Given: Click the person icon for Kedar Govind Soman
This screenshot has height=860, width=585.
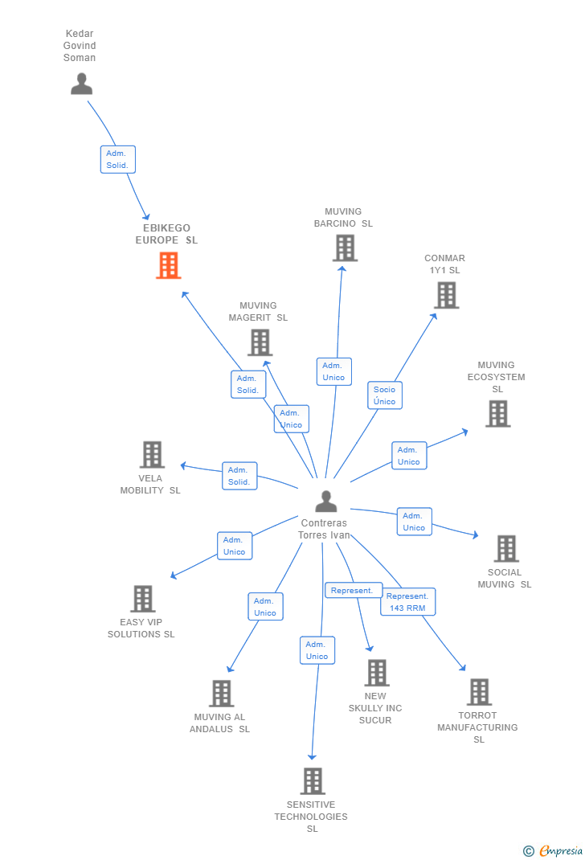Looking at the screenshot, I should (81, 84).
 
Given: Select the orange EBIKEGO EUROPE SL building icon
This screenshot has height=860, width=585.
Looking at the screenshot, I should (168, 265).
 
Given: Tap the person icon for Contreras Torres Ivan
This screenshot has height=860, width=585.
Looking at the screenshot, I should (325, 501).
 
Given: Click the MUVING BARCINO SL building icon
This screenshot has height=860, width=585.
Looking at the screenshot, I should (345, 248).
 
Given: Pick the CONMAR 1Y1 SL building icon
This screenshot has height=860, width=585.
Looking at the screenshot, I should (446, 295).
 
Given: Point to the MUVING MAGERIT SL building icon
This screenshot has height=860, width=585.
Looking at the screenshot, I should (260, 342).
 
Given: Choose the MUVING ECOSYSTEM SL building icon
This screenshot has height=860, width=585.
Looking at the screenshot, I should (497, 413).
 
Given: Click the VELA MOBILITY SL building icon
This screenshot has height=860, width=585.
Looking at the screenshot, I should (152, 454).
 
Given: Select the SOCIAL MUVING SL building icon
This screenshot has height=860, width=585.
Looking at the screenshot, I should (506, 548).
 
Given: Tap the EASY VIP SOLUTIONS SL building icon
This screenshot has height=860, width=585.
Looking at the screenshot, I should (142, 598).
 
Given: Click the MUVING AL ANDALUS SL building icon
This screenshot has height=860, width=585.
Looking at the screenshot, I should (221, 693).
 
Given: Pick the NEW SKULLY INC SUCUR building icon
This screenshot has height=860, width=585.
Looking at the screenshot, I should (376, 673).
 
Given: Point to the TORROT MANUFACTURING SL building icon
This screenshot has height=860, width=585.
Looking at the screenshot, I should (479, 691).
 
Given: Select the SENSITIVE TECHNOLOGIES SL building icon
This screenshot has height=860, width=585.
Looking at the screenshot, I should (313, 780).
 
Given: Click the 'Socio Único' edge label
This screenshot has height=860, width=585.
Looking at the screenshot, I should (385, 395).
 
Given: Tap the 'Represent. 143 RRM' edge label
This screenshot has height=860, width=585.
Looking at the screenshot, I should (407, 602).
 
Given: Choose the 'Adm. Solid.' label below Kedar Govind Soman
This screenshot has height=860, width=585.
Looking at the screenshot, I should (117, 159).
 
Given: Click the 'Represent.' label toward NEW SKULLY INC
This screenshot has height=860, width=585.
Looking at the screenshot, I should (352, 590).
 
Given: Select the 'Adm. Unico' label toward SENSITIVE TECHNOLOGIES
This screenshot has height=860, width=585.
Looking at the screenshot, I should (317, 650).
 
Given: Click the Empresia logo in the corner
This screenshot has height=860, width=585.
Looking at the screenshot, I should (554, 850).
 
